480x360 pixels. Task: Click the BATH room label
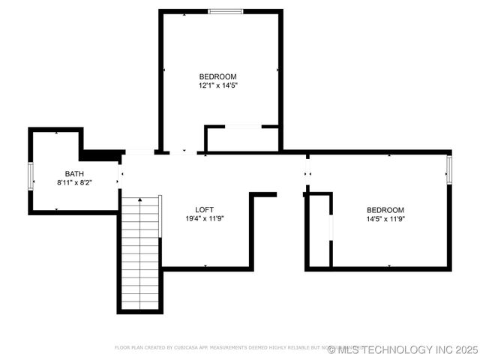point(74,174)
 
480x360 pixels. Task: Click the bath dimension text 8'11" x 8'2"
point(74,183)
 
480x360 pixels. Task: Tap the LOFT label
point(205,209)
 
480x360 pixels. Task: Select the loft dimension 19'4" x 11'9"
point(205,218)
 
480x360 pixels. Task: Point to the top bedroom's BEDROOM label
point(217,76)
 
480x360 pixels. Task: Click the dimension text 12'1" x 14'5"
point(217,85)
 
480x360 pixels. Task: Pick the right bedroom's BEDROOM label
point(385,210)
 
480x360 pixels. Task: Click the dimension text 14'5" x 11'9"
point(385,219)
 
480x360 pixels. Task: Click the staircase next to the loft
point(140,253)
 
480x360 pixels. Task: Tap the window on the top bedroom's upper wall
point(225,11)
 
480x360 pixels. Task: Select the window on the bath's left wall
point(31,175)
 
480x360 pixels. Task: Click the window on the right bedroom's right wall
point(449,169)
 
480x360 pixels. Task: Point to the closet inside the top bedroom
point(241,139)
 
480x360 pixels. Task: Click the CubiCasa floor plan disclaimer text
point(225,348)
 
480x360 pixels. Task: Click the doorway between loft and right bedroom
point(307,175)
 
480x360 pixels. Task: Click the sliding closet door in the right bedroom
point(331,229)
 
